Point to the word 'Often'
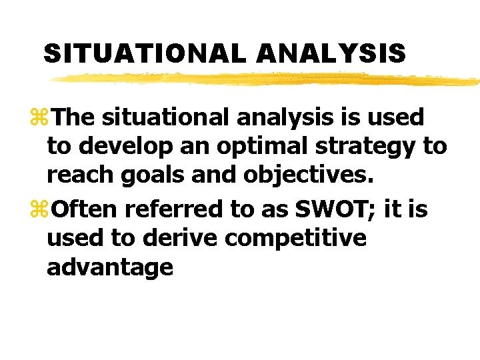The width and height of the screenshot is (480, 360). tap(85, 209)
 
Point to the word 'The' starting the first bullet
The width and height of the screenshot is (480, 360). tap(74, 118)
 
